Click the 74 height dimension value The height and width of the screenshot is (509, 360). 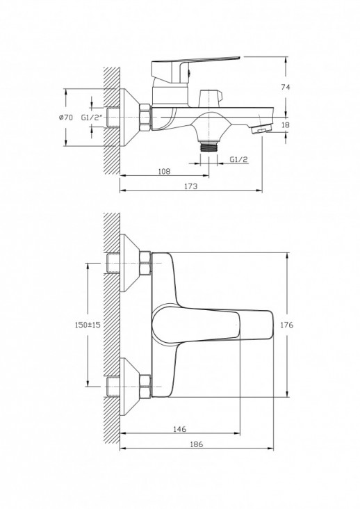tap(286, 87)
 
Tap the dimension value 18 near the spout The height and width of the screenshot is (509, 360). tap(286, 125)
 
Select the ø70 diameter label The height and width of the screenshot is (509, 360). tap(66, 118)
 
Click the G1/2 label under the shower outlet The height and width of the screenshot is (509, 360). tap(238, 159)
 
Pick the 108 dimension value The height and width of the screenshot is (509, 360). tap(164, 171)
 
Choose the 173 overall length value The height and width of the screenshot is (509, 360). tap(190, 186)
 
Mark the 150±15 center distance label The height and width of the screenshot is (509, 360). tap(88, 324)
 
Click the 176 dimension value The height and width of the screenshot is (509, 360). tap(286, 324)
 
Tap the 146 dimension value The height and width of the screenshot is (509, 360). tap(180, 429)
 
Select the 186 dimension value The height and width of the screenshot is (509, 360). tap(197, 444)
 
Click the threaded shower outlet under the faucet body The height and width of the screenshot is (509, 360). tap(209, 147)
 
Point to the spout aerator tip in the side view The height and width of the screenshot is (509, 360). tap(261, 129)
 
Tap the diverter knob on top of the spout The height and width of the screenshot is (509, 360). tap(211, 98)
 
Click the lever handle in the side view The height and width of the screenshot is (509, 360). tap(188, 68)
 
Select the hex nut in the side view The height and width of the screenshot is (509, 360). tap(146, 118)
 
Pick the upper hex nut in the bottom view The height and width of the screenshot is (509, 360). tap(146, 264)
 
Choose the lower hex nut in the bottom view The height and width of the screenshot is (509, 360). tap(146, 386)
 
